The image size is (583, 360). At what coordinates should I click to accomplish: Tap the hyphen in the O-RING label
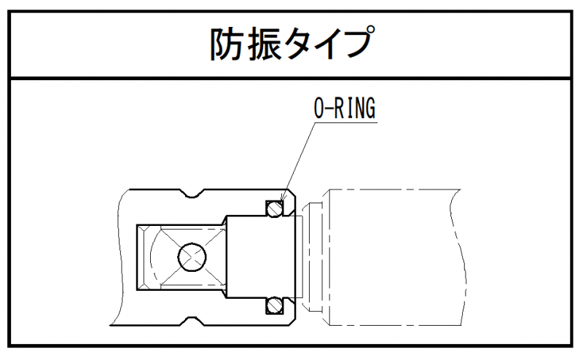(x=328, y=109)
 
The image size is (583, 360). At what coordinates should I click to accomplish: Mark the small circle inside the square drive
(x=191, y=256)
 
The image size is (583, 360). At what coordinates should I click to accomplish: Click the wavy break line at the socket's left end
(x=119, y=255)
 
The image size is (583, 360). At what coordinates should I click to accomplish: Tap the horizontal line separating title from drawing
(x=291, y=78)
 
